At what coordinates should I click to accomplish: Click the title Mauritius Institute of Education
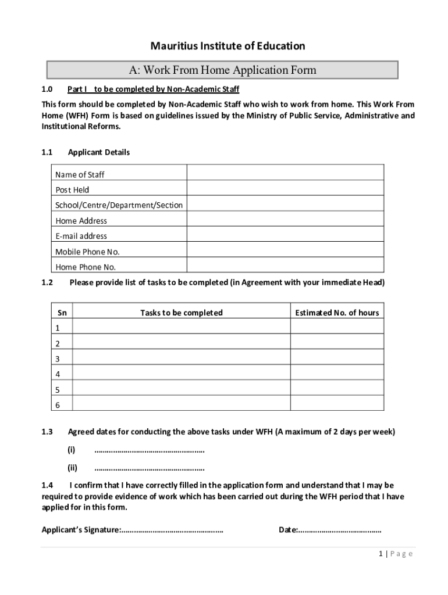coord(227,46)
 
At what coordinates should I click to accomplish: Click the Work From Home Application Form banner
coord(222,70)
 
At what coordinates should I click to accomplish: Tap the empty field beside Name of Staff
coord(285,173)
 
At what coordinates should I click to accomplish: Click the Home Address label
coord(81,221)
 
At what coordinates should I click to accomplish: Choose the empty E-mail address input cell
coord(285,234)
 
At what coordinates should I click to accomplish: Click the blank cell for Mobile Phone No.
coord(285,250)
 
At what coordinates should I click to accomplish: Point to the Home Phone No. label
coord(86,267)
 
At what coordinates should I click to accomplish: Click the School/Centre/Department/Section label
coord(119,205)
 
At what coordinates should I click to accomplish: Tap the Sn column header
coord(62,313)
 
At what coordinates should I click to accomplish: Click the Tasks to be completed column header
coord(181,313)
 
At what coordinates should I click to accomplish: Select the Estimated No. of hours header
coord(337,313)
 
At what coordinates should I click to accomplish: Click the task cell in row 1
coord(181,327)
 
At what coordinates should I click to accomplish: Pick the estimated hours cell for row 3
coord(337,357)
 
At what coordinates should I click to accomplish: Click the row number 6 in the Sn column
coord(58,404)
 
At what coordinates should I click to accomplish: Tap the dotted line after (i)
coord(149,450)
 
